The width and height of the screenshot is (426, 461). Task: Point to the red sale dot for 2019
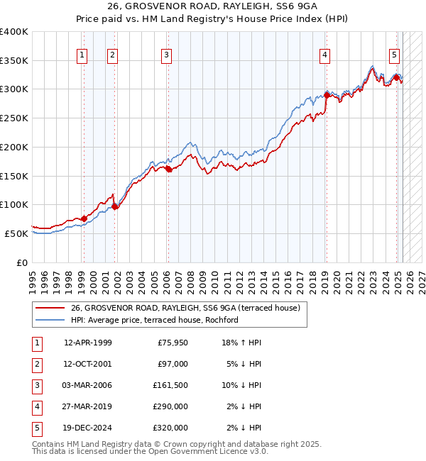[x=327, y=94]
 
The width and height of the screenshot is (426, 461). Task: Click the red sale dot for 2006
[x=168, y=170]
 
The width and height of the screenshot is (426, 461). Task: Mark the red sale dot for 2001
[x=115, y=206]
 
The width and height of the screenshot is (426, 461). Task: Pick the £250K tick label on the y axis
[x=14, y=118]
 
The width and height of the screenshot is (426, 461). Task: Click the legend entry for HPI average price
[x=154, y=320]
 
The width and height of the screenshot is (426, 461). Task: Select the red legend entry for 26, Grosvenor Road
[x=185, y=308]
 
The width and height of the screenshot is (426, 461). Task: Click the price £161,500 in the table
[x=170, y=385]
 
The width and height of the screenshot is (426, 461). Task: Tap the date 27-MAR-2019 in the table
[x=87, y=406]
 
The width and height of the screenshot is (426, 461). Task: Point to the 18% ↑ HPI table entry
[x=243, y=343]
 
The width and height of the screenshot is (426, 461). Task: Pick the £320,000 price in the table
[x=170, y=428]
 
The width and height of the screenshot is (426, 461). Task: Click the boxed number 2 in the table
[x=36, y=364]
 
